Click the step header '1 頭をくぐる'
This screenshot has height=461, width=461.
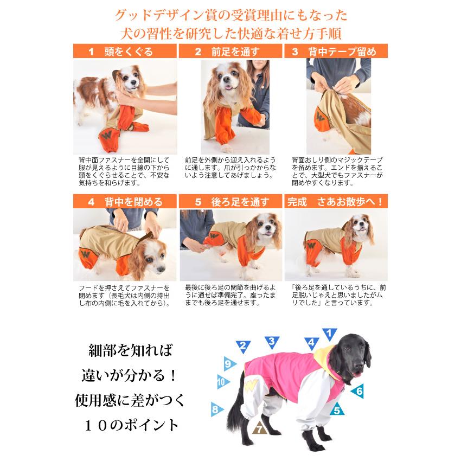(125, 52)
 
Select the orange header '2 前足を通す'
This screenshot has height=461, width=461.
(230, 52)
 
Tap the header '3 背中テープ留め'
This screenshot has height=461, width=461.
(336, 52)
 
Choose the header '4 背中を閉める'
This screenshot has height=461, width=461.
(125, 202)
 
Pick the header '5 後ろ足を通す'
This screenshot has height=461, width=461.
(230, 202)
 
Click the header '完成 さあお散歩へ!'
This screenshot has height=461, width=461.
(336, 202)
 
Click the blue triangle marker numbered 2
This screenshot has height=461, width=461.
(243, 345)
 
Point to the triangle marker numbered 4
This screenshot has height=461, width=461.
(311, 342)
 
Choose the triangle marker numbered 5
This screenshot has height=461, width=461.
(337, 411)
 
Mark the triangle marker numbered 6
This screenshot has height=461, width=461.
(358, 390)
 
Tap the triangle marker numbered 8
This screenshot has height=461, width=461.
(216, 409)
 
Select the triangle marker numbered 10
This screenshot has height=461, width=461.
(222, 381)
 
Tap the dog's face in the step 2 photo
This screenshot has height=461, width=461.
(227, 81)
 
